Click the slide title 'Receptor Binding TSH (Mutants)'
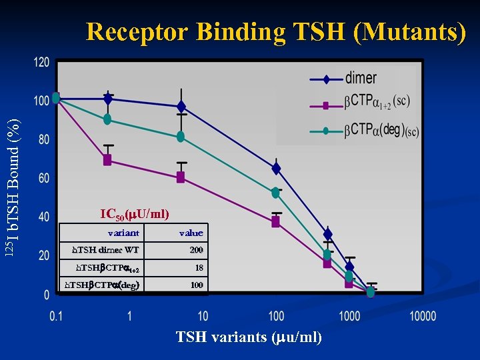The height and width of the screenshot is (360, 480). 275,33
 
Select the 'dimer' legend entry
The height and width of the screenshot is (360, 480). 361,79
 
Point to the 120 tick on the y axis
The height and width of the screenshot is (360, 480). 41,62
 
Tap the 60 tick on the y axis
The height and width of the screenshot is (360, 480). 43,178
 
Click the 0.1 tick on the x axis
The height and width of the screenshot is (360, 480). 56,315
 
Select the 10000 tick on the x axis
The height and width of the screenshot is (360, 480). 422,315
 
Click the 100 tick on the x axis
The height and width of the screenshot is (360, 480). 276,315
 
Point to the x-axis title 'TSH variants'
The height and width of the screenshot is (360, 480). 249,337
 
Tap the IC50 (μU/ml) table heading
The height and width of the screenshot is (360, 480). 135,215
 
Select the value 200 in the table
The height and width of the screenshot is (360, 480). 196,250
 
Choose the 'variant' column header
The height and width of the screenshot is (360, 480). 123,233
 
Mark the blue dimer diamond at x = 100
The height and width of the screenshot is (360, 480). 276,169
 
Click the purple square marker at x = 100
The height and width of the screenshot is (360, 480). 276,222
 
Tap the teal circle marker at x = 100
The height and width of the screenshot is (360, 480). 275,193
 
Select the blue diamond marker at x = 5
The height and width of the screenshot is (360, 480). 181,107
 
